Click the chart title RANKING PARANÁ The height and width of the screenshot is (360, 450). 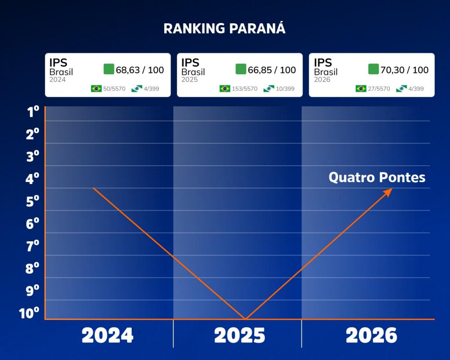click(x=225, y=28)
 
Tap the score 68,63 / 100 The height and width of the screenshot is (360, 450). click(x=140, y=70)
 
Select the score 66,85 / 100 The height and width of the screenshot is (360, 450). click(x=272, y=70)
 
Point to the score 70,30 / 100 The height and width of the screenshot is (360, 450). click(x=404, y=70)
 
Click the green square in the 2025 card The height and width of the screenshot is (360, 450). click(x=241, y=69)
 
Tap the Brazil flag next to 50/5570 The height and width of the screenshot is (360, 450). click(x=96, y=88)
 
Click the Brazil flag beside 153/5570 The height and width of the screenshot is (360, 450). click(x=225, y=88)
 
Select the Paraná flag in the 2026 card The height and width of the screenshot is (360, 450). click(x=401, y=88)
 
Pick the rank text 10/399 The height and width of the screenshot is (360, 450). click(x=285, y=89)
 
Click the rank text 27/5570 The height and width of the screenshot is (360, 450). click(x=379, y=89)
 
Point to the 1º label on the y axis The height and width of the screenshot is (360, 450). click(x=33, y=111)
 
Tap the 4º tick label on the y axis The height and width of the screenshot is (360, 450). click(x=32, y=178)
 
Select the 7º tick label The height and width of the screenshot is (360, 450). click(x=33, y=246)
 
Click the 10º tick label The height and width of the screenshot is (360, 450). click(x=29, y=313)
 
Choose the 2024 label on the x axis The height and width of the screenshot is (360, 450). click(x=107, y=335)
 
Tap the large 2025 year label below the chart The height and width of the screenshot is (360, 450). click(x=240, y=335)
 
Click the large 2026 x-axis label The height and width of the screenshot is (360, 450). click(x=371, y=335)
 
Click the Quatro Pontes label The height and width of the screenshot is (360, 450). click(x=377, y=177)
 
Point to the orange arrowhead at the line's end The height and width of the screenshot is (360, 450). click(x=388, y=193)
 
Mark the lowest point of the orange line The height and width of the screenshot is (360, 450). click(x=245, y=319)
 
